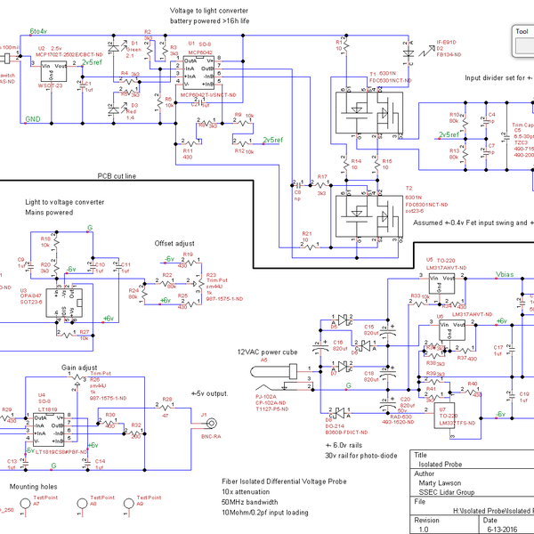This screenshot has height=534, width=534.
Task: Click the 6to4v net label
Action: [39, 31]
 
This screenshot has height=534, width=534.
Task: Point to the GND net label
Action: [32, 118]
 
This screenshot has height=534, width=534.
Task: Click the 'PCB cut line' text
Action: [117, 176]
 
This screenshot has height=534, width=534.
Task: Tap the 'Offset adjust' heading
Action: [174, 242]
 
